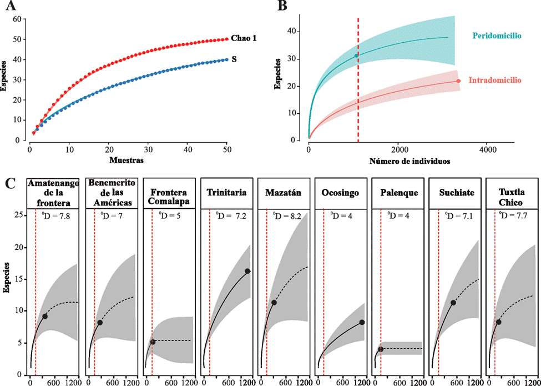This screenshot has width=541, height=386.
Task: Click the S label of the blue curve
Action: click(235, 59)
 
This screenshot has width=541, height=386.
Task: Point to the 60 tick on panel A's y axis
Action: click(17, 19)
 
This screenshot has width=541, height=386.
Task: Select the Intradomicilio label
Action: click(495, 81)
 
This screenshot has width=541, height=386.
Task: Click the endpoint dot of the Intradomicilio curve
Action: click(458, 81)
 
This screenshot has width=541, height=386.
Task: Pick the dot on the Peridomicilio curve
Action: click(356, 56)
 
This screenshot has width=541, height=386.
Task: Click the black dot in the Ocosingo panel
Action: click(362, 322)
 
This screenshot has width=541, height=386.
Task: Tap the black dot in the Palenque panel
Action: click(381, 349)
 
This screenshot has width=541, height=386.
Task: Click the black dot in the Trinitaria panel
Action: click(247, 271)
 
